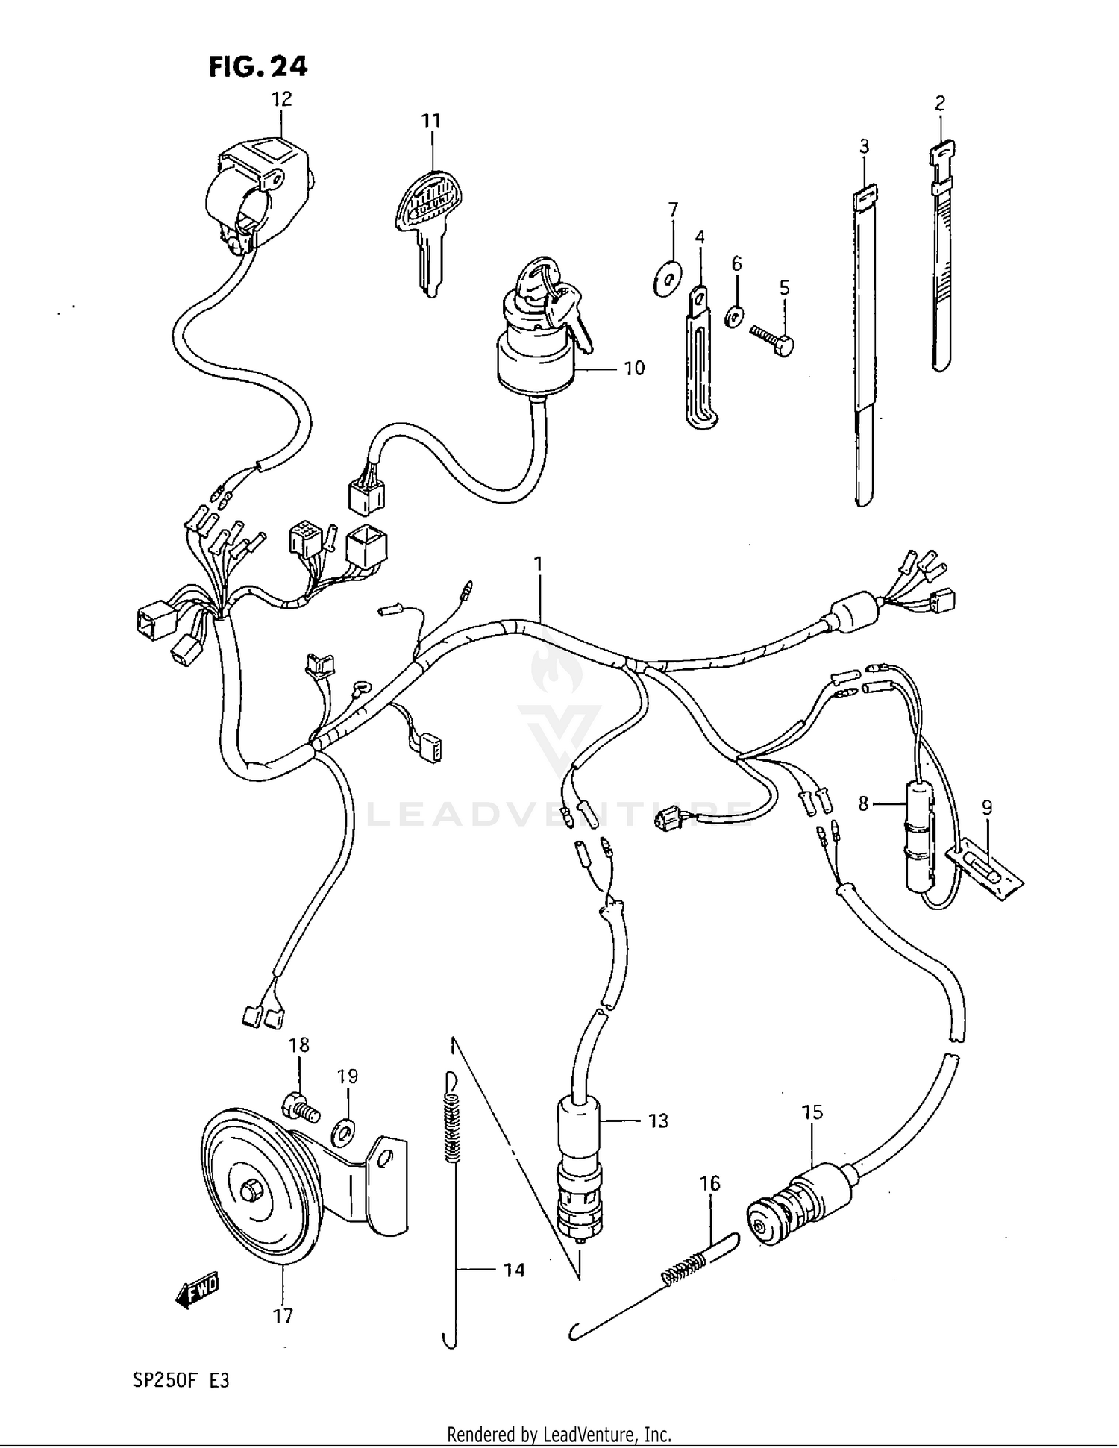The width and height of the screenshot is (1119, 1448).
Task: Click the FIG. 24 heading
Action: (257, 66)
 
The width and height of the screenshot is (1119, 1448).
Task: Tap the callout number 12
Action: (281, 98)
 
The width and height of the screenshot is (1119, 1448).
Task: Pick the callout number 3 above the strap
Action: (864, 146)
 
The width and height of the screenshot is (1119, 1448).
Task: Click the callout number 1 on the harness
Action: (537, 565)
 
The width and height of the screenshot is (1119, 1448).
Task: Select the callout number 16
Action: (710, 1184)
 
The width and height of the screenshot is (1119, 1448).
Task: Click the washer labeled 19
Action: (345, 1132)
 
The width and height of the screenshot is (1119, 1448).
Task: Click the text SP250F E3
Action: (181, 1380)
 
